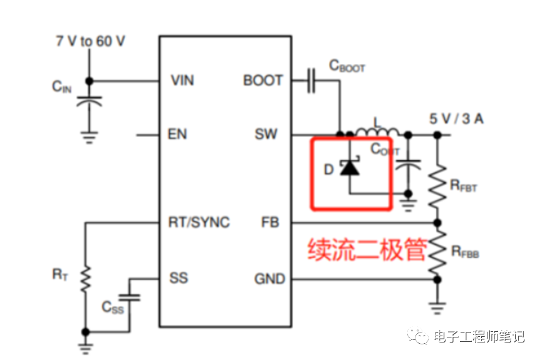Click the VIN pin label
click(x=182, y=81)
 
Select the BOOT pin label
click(x=263, y=81)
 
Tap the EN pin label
click(x=177, y=135)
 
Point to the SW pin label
click(x=266, y=135)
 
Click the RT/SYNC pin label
click(x=199, y=222)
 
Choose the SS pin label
click(x=178, y=277)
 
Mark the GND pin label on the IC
click(x=269, y=279)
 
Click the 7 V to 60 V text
click(x=90, y=41)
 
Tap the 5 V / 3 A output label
click(x=456, y=118)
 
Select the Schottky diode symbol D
click(x=350, y=168)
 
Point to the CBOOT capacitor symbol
click(x=311, y=81)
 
